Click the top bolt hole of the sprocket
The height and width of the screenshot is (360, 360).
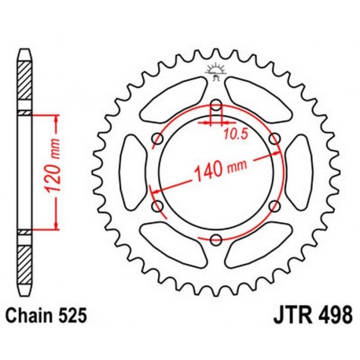coord(216,105)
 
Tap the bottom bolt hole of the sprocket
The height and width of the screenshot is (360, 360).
coord(216,240)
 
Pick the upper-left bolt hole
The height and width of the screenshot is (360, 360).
coord(157,139)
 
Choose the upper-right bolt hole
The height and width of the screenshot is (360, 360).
coord(274,139)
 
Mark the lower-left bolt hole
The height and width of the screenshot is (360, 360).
coord(157,206)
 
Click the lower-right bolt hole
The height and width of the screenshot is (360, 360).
coord(274,206)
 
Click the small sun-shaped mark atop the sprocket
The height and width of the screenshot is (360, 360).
coord(216,73)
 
